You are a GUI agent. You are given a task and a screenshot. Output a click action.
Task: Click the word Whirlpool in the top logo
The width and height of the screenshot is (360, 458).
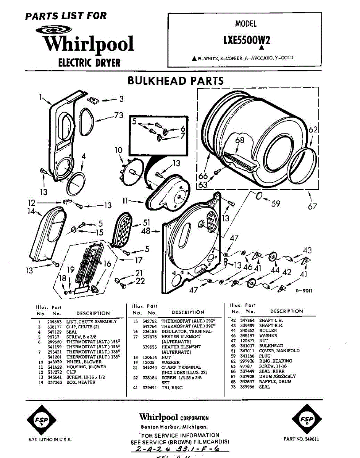coord(88,44)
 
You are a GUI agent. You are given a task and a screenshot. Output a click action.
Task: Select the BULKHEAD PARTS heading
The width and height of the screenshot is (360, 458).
coord(175,81)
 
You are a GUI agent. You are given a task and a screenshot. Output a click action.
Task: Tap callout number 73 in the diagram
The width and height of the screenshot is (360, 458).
coord(118,115)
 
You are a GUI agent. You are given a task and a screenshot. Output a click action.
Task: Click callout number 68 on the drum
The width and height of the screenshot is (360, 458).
coord(239,140)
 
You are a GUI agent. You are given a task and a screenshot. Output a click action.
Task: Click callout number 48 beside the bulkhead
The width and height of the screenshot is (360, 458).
coord(145,231)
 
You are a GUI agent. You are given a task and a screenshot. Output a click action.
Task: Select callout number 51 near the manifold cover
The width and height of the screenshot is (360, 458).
coord(147,223)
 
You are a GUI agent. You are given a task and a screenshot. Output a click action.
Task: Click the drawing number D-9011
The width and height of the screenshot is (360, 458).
coord(304,291)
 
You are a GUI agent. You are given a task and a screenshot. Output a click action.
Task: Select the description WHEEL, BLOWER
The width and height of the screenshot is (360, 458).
coord(84,362)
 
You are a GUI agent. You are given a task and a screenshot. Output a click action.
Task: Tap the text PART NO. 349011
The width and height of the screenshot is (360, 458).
coord(302,439)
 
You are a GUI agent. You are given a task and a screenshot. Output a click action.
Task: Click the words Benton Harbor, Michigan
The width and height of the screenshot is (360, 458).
coord(174,427)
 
